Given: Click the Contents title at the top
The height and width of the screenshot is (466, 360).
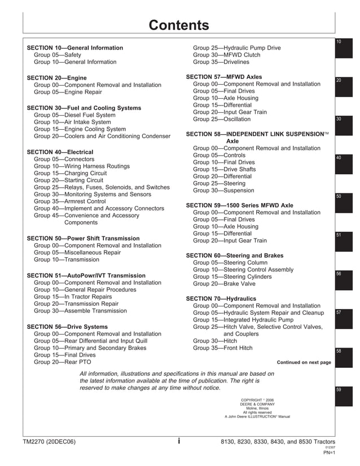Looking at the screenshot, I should pyautogui.click(x=178, y=25).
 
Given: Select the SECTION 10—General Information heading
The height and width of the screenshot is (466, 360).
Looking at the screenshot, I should pyautogui.click(x=75, y=48).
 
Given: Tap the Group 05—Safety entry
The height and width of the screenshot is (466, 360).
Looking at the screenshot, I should pyautogui.click(x=58, y=55).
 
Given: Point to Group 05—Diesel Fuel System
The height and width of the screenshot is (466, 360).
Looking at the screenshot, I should pyautogui.click(x=74, y=115).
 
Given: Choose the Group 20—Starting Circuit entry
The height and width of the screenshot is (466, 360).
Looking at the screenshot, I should pyautogui.click(x=69, y=181).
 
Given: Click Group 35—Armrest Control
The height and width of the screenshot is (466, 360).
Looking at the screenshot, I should pyautogui.click(x=69, y=201).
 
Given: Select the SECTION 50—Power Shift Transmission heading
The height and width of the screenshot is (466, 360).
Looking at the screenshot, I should pyautogui.click(x=83, y=239).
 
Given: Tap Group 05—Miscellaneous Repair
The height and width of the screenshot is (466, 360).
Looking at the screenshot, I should pyautogui.click(x=77, y=253).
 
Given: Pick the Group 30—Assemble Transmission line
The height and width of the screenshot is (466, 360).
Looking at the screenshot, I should pyautogui.click(x=80, y=311).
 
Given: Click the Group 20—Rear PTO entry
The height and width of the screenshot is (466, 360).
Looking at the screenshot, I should pyautogui.click(x=63, y=362).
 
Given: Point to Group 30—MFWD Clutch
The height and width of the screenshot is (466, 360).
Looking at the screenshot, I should pyautogui.click(x=227, y=55).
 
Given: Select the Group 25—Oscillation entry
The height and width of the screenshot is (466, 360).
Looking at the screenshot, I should pyautogui.click(x=222, y=120).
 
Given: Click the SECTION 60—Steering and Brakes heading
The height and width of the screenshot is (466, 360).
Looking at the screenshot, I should pyautogui.click(x=235, y=256).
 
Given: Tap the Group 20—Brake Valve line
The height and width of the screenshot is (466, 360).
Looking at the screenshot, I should pyautogui.click(x=224, y=284).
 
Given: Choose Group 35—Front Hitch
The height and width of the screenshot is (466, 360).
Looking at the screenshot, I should pyautogui.click(x=223, y=348).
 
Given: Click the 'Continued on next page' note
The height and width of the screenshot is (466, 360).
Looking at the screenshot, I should pyautogui.click(x=304, y=362).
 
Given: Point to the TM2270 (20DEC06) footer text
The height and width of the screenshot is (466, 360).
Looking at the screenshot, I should pyautogui.click(x=49, y=442).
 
